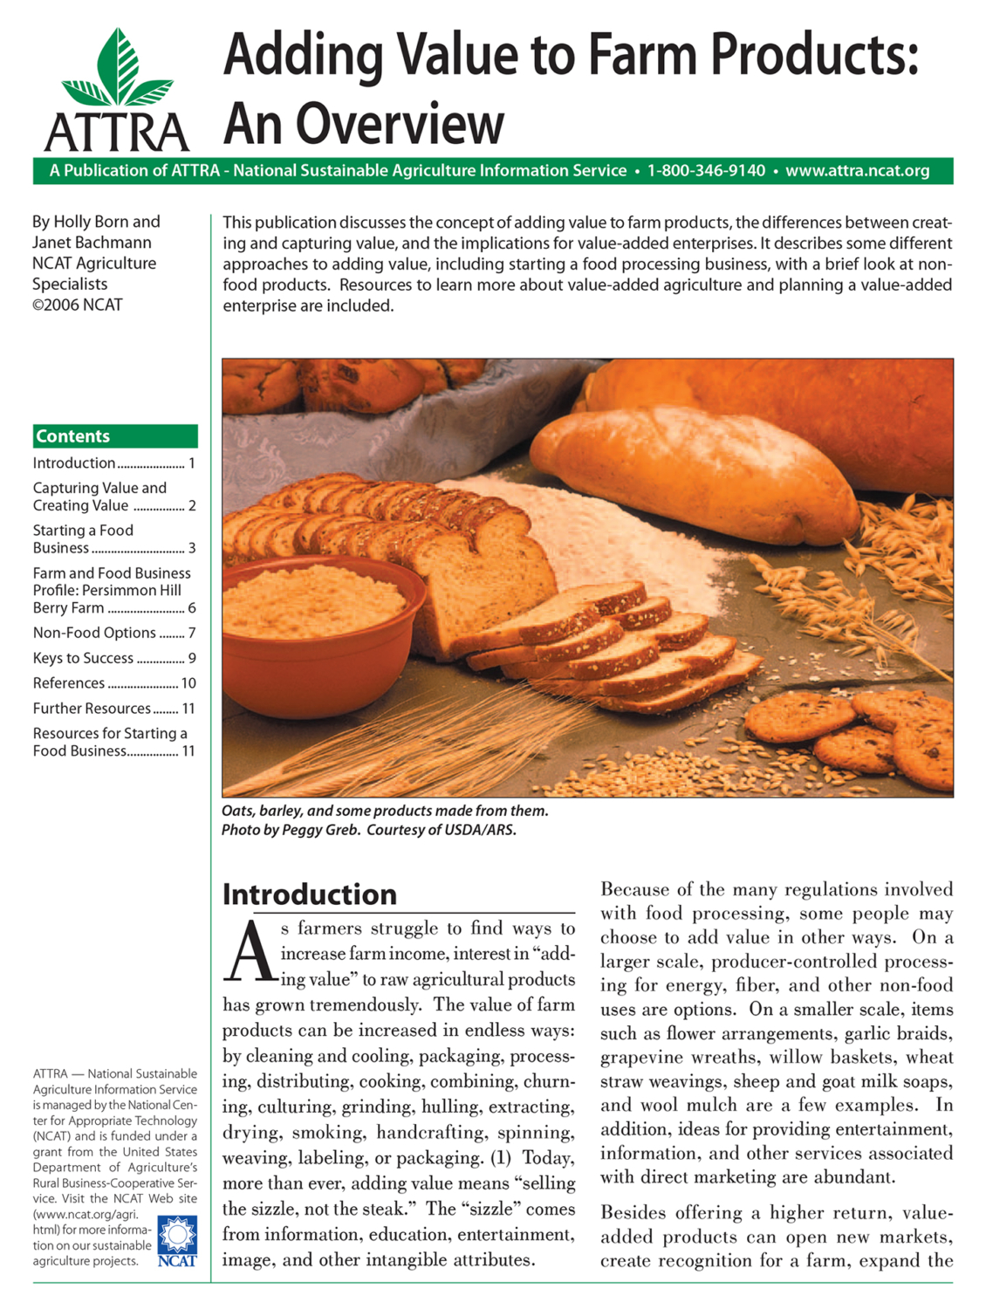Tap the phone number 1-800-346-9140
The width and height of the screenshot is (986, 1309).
(706, 171)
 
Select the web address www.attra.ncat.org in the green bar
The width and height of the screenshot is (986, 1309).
(857, 171)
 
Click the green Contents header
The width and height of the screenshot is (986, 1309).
(115, 436)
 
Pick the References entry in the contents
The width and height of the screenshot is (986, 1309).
(69, 683)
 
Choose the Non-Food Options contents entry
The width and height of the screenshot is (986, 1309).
(94, 633)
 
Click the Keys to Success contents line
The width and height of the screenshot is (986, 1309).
(83, 658)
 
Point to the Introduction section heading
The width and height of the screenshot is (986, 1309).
(309, 894)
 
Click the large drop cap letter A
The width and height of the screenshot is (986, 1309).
(249, 950)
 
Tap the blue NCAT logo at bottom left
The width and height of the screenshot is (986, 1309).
(177, 1241)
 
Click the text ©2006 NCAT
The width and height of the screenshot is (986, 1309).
(78, 305)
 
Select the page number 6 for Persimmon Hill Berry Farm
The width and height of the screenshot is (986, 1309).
(191, 608)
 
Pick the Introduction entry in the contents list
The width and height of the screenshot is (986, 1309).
(74, 463)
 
